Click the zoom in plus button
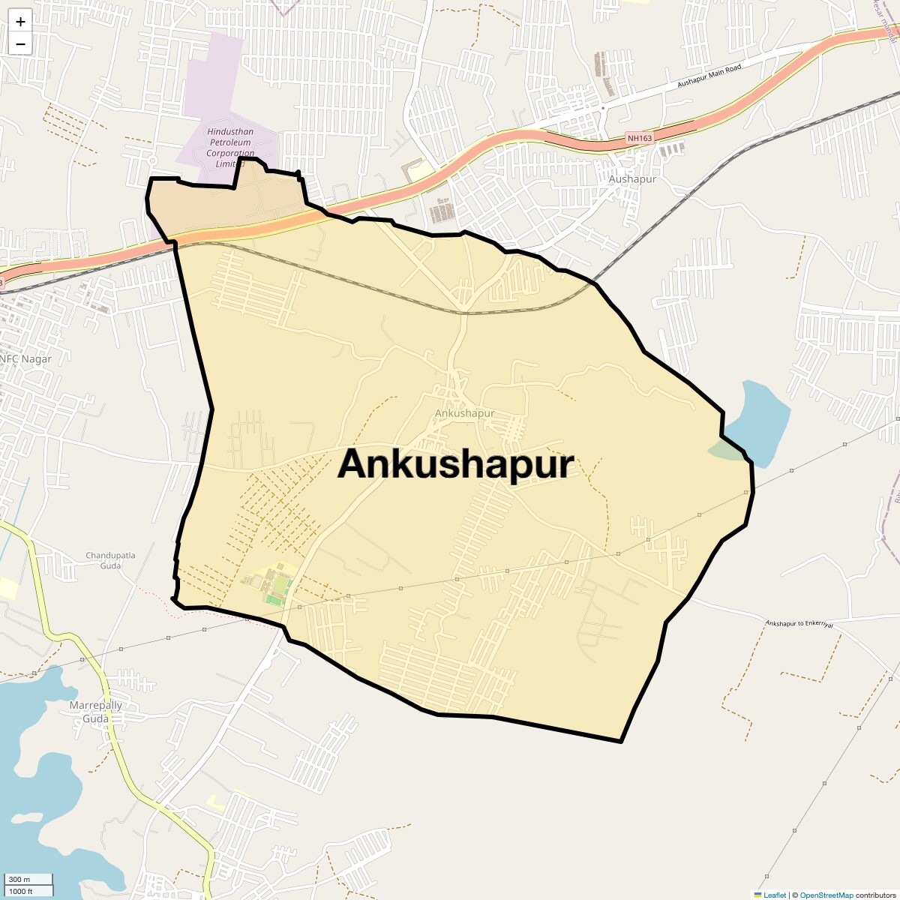tap(20, 22)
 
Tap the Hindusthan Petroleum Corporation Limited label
tap(230, 148)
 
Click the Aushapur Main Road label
tap(709, 76)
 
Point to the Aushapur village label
tap(632, 179)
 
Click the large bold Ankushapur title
tap(455, 464)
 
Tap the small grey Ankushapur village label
tap(464, 413)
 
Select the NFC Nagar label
tap(27, 359)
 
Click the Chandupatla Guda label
tap(110, 560)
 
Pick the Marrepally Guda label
tap(95, 712)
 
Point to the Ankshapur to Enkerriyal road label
tap(799, 624)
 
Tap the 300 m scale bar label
tap(20, 879)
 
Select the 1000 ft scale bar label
tap(21, 891)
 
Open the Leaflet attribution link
tap(774, 895)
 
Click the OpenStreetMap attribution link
tap(826, 895)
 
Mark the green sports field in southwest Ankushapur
tap(277, 586)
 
